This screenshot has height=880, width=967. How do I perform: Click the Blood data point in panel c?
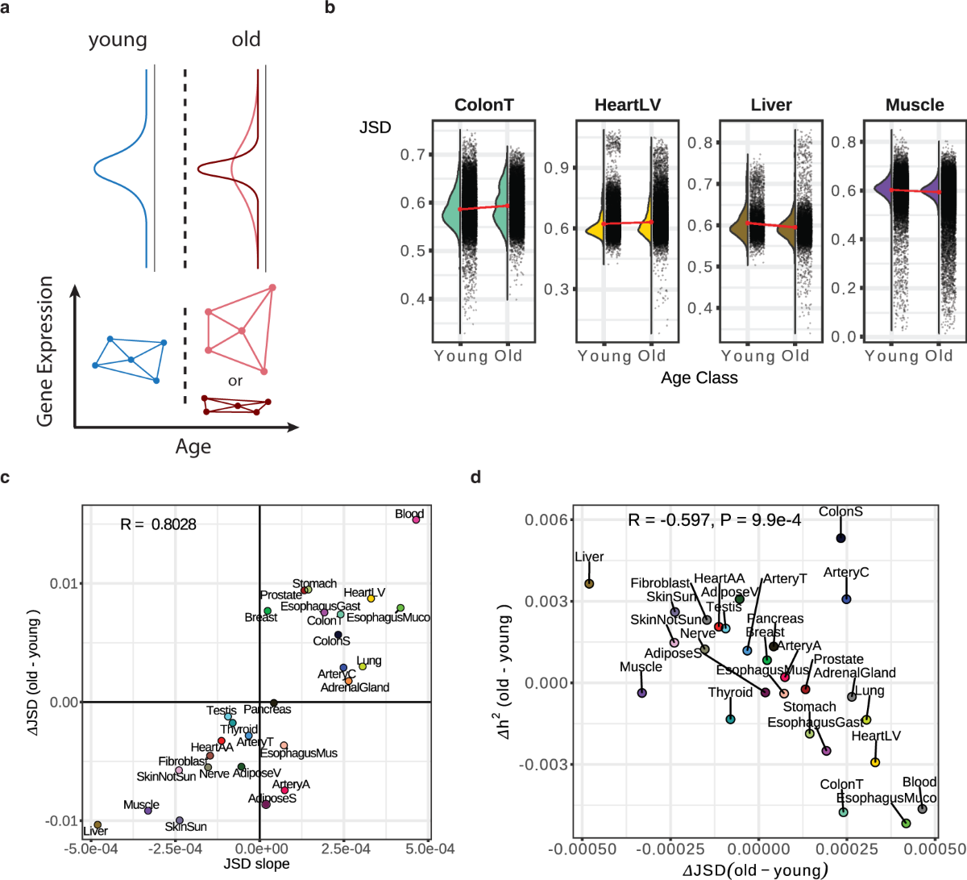[x=416, y=519]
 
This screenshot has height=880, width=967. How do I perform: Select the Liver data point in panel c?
[x=98, y=825]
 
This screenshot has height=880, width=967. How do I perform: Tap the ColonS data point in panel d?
[x=840, y=538]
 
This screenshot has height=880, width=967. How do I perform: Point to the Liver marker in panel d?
[x=589, y=584]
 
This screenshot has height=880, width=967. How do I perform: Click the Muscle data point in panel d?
[x=641, y=693]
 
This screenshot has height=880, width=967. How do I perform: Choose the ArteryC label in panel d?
[x=845, y=573]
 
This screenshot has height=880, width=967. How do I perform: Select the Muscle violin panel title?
[x=915, y=105]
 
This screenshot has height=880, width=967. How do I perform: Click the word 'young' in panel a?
[x=118, y=40]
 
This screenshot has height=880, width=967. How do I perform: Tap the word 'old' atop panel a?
[x=246, y=40]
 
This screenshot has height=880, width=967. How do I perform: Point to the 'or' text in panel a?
[x=235, y=381]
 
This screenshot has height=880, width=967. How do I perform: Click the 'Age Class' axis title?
[x=699, y=377]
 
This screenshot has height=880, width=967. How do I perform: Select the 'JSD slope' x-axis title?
[x=256, y=864]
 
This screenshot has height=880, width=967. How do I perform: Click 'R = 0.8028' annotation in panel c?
[x=158, y=524]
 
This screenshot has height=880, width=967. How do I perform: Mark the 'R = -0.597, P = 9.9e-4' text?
[x=714, y=520]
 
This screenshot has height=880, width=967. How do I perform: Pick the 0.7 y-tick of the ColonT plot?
[x=413, y=154]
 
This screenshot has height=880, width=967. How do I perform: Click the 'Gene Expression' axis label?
[x=45, y=351]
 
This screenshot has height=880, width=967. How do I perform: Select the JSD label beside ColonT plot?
[x=376, y=127]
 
